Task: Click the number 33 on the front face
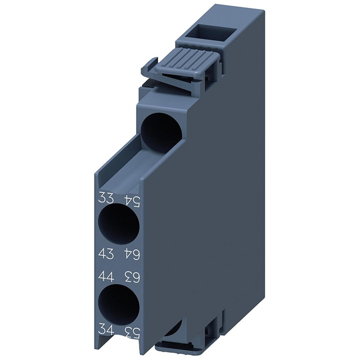pos(106,198)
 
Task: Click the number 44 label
pos(106,276)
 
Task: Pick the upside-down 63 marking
pos(130,276)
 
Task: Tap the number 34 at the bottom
pos(106,330)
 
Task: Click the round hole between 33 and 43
pos(118,225)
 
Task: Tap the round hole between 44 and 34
pos(118,304)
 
